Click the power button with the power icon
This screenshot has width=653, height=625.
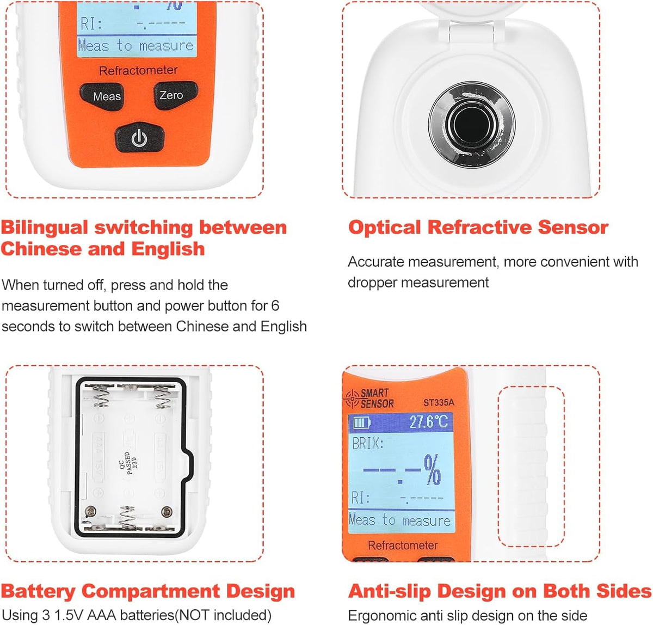139,138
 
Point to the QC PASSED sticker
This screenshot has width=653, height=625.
128,463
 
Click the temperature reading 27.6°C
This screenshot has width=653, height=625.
428,422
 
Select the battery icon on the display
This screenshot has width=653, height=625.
361,422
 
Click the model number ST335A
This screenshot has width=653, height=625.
438,403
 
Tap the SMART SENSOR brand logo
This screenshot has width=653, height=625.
369,399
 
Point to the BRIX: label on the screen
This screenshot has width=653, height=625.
368,444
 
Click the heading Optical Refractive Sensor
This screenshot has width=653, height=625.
478,227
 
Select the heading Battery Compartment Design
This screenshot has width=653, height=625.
148,591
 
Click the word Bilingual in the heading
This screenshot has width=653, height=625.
45,227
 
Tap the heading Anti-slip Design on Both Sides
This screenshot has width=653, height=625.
499,591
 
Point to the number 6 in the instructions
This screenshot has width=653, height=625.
275,305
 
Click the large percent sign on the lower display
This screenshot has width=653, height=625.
433,470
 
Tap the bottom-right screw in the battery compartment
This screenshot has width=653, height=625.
167,511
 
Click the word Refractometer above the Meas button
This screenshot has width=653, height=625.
138,70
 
